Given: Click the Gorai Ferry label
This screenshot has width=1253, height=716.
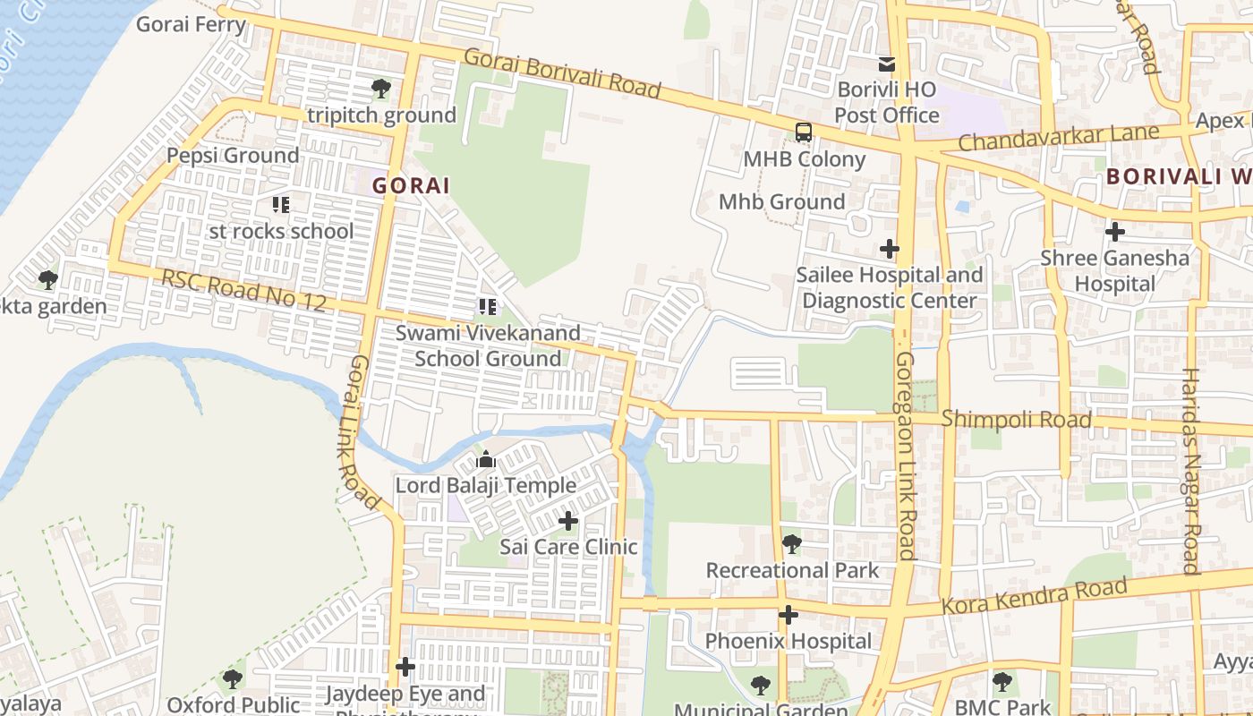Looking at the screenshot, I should pos(191,24).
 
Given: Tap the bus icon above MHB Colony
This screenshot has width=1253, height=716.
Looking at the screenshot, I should pos(804,133).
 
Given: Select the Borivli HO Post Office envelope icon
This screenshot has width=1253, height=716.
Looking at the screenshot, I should pos(886,64).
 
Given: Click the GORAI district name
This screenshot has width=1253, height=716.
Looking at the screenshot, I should pos(411,185).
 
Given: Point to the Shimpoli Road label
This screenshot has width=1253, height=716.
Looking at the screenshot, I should pos(1016,420).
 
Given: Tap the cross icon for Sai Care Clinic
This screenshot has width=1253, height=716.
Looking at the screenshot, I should pos(568,520).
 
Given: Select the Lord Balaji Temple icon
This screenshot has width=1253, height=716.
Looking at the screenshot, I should pos(486,460).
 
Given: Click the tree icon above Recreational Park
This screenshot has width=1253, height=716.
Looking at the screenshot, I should pos(791,543).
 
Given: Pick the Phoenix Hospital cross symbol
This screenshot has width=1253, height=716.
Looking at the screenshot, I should pos(788,615).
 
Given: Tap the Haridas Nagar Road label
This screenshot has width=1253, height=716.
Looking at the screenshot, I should pos(1190,470).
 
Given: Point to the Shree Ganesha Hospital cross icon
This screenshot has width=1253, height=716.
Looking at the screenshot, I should pos(1114,232).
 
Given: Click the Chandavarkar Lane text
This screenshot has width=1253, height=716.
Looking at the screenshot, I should pos(1058,138).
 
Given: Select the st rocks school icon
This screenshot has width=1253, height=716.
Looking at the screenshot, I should pos(281,205).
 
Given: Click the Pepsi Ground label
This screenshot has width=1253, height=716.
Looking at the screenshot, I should pos(233,156).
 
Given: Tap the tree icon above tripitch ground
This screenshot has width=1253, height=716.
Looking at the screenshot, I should pos(380,89).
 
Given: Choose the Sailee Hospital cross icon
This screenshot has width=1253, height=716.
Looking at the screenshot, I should pos(889,248).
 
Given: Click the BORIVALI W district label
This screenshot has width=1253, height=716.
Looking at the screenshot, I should pos(1178,176).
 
